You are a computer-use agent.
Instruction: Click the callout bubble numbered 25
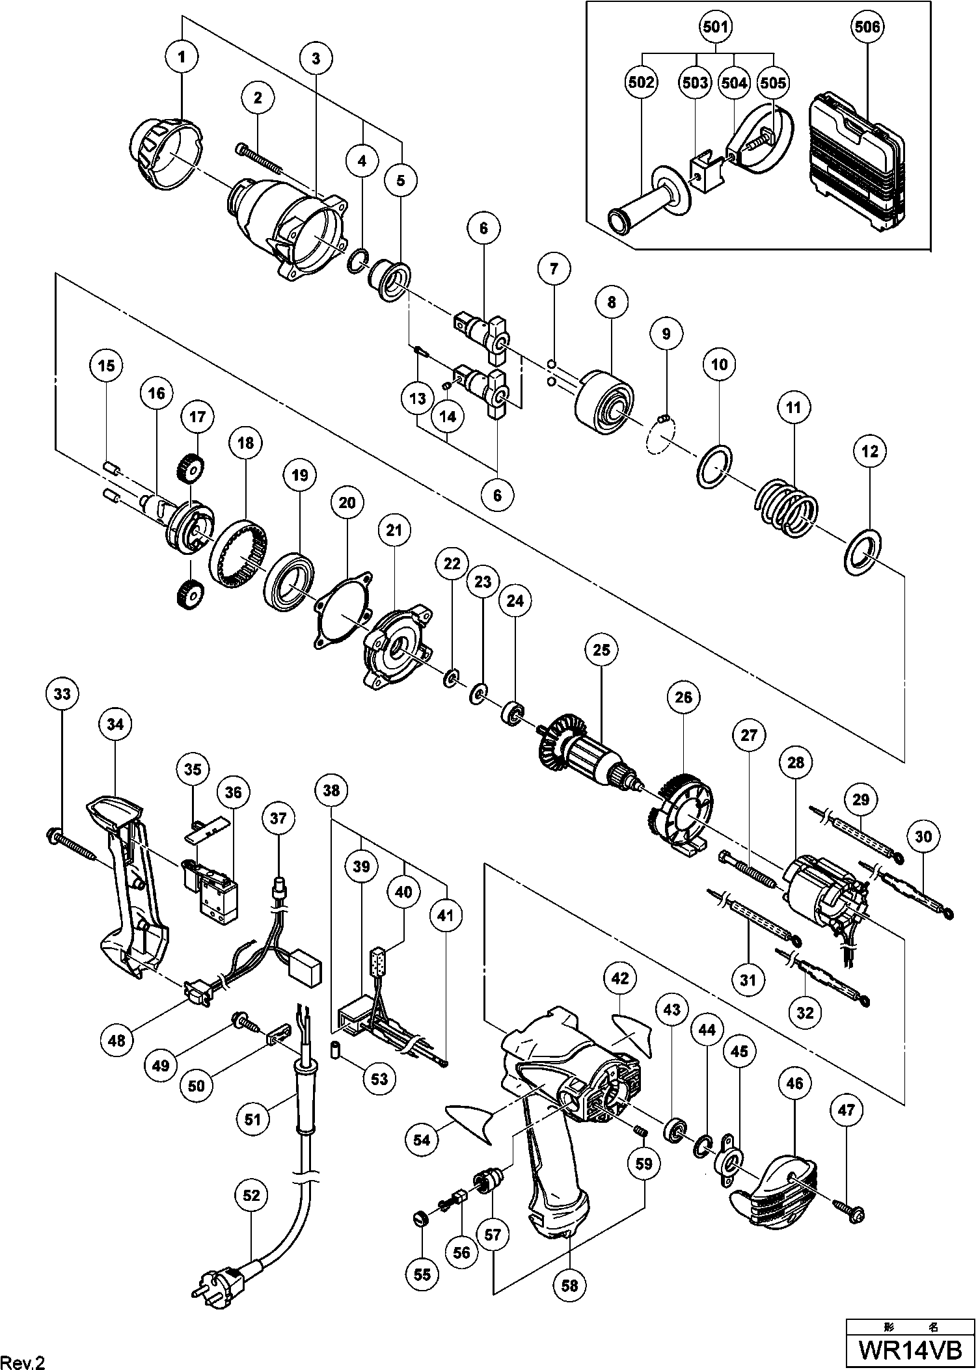(x=601, y=649)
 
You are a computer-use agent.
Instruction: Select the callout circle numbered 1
(x=182, y=57)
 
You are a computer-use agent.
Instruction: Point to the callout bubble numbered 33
(x=62, y=694)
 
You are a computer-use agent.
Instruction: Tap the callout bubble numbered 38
(x=331, y=790)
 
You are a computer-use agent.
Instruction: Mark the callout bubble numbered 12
(x=871, y=451)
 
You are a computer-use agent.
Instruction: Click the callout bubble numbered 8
(x=612, y=302)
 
